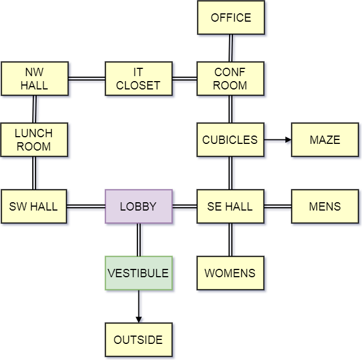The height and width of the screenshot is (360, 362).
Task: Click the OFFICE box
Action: click(x=231, y=18)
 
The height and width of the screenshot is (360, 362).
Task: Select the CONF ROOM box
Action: click(x=230, y=79)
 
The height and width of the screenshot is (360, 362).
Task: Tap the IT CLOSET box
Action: click(x=138, y=79)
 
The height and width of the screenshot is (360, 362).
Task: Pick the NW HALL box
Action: click(x=34, y=79)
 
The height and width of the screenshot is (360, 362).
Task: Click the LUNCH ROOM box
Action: click(x=33, y=140)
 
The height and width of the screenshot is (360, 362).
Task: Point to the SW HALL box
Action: click(x=33, y=207)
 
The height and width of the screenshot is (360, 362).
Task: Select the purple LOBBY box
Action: click(x=138, y=207)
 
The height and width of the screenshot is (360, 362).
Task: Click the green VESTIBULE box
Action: click(x=138, y=273)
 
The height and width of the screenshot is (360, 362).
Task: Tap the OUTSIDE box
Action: click(x=138, y=340)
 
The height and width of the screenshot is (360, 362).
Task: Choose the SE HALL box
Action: click(x=230, y=207)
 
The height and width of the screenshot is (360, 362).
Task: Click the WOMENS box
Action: click(x=230, y=273)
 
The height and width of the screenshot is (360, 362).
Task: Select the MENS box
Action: click(x=325, y=207)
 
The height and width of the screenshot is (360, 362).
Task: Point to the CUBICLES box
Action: click(x=230, y=140)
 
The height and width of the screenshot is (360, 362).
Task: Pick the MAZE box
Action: click(x=325, y=140)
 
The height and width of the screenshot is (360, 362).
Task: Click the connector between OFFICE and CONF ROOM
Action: click(x=231, y=48)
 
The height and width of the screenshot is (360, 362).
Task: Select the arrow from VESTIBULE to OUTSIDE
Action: click(x=140, y=307)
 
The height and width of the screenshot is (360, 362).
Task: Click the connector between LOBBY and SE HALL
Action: click(x=185, y=208)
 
